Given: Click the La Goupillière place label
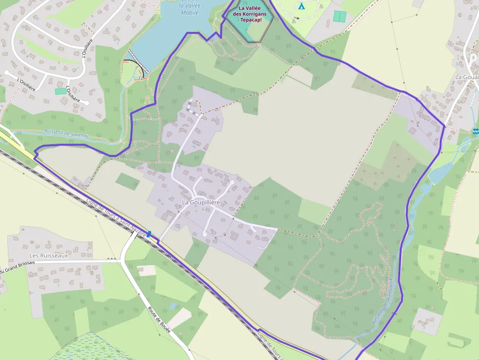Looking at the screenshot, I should (x=201, y=202).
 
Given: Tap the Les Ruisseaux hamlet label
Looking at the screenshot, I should (x=48, y=255).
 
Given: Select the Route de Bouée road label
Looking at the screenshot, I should (x=159, y=320).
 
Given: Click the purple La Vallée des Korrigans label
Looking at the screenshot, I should (x=253, y=14).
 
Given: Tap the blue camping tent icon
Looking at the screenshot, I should (x=301, y=6).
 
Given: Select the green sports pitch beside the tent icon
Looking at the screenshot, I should (x=339, y=16).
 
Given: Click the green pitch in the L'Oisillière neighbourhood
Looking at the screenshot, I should (x=60, y=91).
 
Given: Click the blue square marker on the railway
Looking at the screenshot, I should (x=149, y=234).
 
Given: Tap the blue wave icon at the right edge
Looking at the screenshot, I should (x=475, y=131).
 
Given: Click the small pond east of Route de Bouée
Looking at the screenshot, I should (x=174, y=306).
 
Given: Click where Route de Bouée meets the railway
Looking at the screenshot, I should (x=135, y=233).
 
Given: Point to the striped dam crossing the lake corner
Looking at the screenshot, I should (x=136, y=63).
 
